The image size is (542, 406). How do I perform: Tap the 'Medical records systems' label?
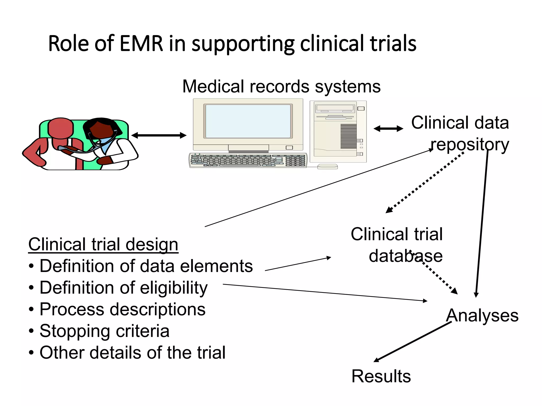point(281,86)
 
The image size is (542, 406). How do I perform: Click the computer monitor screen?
point(248,121)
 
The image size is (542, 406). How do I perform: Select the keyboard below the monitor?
point(248,160)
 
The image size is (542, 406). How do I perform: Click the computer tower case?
point(338,131)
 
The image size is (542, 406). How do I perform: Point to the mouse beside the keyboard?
point(327,167)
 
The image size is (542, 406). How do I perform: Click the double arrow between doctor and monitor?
point(159,135)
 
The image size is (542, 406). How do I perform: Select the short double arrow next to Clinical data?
point(388,129)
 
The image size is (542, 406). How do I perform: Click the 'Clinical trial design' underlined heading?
point(103,244)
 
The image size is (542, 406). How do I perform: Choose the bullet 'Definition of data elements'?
point(146,266)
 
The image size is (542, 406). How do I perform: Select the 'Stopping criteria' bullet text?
point(104,331)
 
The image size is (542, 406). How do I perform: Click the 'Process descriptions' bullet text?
point(122,309)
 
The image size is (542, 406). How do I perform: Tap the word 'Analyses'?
point(482,316)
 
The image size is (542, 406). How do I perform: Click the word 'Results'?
point(381,376)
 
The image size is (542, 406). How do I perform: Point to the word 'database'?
point(405,256)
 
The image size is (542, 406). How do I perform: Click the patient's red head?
point(60,127)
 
